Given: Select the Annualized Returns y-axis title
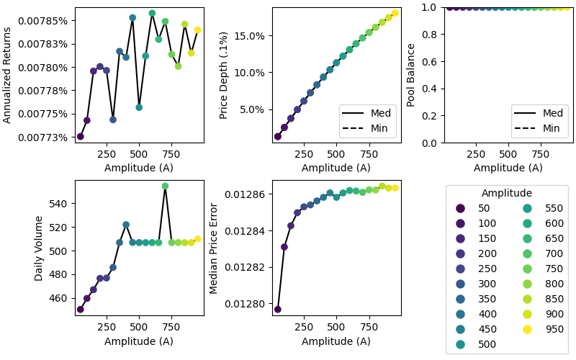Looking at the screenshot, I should [x=8, y=75].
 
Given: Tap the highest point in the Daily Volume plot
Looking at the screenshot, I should [x=165, y=186].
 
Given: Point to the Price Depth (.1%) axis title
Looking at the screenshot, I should [x=224, y=75].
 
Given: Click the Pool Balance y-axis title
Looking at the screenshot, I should [x=411, y=75].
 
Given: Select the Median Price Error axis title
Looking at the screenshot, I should [x=214, y=248].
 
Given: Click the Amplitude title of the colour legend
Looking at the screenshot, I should [x=506, y=193].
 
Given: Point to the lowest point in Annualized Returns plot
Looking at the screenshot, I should [x=80, y=136].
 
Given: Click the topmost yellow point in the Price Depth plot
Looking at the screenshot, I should [x=395, y=13].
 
